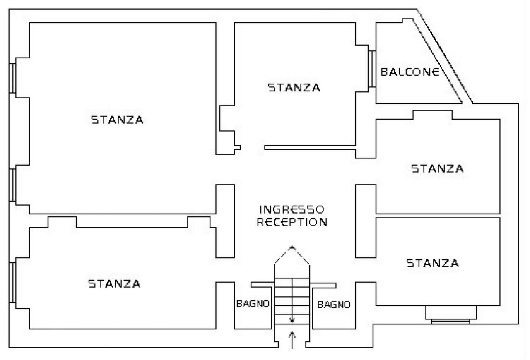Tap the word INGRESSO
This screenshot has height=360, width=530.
click(x=291, y=209)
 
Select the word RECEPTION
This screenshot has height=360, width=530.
click(x=292, y=222)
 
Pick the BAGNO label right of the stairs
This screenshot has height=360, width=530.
click(x=334, y=305)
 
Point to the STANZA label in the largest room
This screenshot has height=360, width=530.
click(x=117, y=120)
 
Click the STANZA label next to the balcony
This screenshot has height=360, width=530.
click(x=294, y=88)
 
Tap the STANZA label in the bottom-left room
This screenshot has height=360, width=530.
click(x=114, y=284)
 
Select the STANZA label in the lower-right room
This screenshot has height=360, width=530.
click(x=432, y=263)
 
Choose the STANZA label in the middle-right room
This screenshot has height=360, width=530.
click(x=437, y=169)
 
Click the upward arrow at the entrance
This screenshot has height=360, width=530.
click(x=292, y=340)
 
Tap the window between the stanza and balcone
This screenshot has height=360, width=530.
click(x=372, y=69)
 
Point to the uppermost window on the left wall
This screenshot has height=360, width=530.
click(x=13, y=78)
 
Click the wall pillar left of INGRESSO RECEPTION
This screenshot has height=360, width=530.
click(x=225, y=221)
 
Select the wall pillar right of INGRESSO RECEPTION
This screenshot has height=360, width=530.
click(x=366, y=221)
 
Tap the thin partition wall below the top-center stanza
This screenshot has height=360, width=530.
click(x=310, y=147)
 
